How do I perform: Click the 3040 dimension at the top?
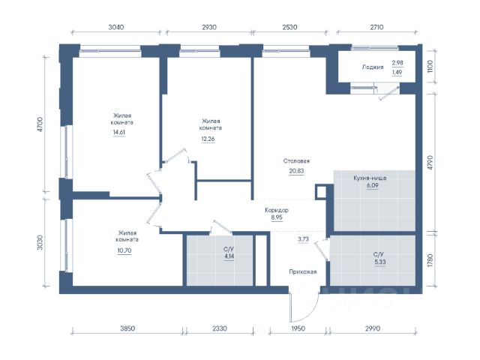tap(116, 27)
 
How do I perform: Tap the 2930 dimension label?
tap(209, 27)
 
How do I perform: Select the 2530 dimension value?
tap(289, 27)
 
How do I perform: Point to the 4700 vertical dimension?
tap(40, 124)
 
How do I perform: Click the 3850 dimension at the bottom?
tap(127, 328)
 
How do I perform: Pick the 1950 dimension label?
tap(298, 328)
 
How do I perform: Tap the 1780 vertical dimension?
tap(430, 260)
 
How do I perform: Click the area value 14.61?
tap(119, 133)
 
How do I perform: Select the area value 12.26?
tap(208, 139)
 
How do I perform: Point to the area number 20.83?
tap(296, 171)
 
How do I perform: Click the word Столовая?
tap(296, 161)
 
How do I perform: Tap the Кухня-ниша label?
tap(370, 178)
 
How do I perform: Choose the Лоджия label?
tap(373, 67)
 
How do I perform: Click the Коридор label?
tap(277, 210)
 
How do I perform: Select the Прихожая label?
tap(303, 271)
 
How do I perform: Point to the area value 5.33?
tap(380, 262)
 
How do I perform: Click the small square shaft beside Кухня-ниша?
tap(321, 192)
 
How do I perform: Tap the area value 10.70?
tap(124, 250)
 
